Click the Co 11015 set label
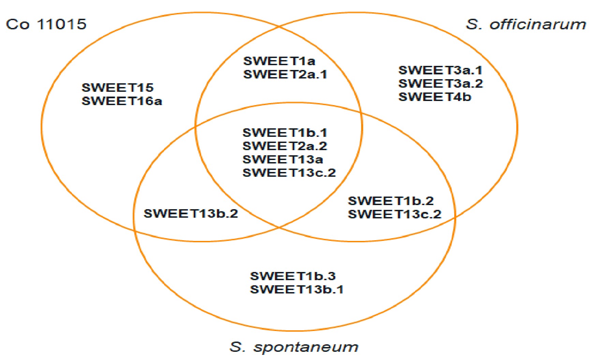[46, 24]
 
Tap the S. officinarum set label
[526, 24]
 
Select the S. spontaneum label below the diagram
[294, 347]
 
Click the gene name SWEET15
[118, 88]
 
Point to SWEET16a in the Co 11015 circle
[122, 101]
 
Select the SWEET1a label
[279, 61]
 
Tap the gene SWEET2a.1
[285, 74]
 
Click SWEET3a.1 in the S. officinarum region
[441, 70]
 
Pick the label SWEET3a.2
[441, 84]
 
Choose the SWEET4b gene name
[435, 97]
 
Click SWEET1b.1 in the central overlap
[285, 132]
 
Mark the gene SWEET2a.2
[285, 146]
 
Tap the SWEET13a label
[283, 159]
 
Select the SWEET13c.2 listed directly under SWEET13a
[289, 173]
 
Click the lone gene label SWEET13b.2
[191, 214]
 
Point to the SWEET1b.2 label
[391, 201]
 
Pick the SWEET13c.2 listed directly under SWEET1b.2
[395, 214]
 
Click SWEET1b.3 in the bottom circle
[293, 276]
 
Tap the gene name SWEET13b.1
[297, 289]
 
